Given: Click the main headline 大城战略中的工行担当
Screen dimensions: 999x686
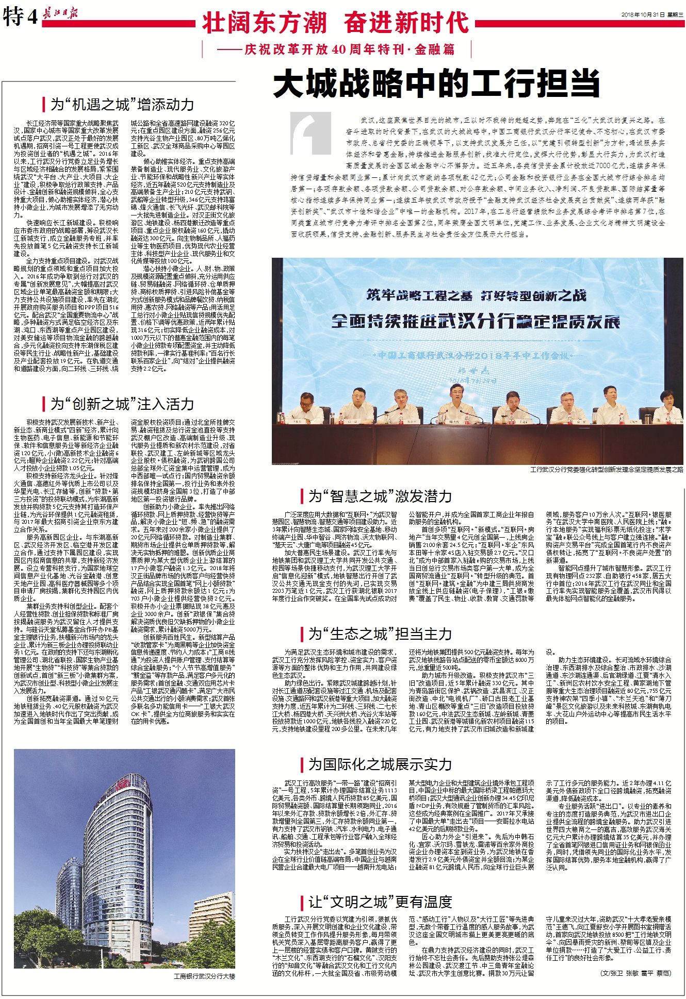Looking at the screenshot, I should (x=436, y=84).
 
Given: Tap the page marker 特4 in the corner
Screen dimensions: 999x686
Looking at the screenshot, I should (x=20, y=18).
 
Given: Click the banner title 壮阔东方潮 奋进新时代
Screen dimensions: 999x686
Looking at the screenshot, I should (x=335, y=23).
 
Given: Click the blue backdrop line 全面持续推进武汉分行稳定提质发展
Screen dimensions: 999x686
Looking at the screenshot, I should (x=475, y=321).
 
